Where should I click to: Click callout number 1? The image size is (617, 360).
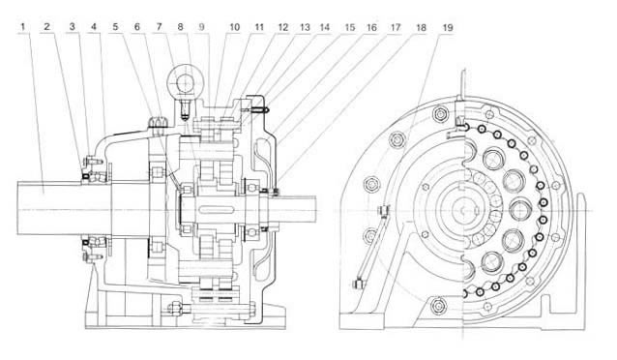click(23, 27)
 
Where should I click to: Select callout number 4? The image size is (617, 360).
click(94, 27)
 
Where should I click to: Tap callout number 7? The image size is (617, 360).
click(159, 27)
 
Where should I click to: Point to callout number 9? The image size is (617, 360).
click(202, 27)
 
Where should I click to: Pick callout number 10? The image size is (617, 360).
click(235, 27)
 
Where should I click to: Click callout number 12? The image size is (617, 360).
click(283, 27)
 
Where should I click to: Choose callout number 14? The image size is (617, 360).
click(325, 27)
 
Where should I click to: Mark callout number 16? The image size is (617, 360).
click(371, 27)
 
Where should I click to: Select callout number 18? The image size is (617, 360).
click(421, 27)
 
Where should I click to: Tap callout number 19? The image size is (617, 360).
click(448, 27)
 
